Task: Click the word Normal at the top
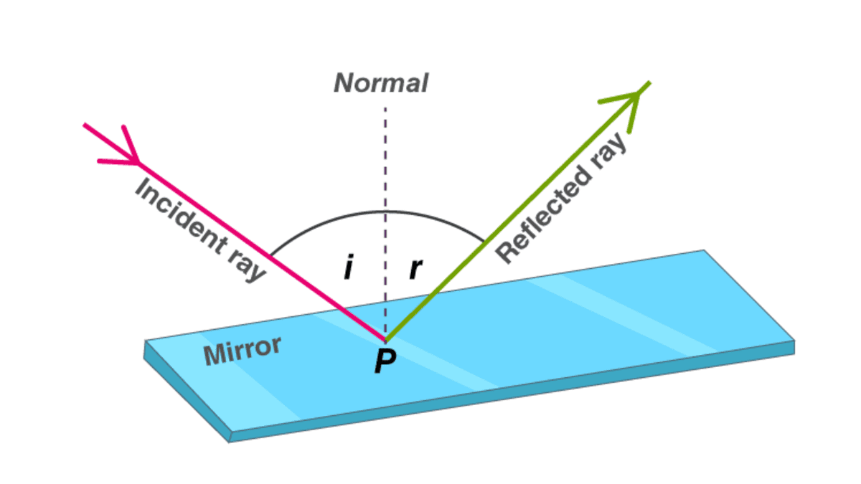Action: [381, 83]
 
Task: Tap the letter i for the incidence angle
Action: [348, 269]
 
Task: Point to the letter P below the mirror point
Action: [385, 362]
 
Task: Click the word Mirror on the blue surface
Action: [242, 351]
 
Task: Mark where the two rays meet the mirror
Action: [385, 339]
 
